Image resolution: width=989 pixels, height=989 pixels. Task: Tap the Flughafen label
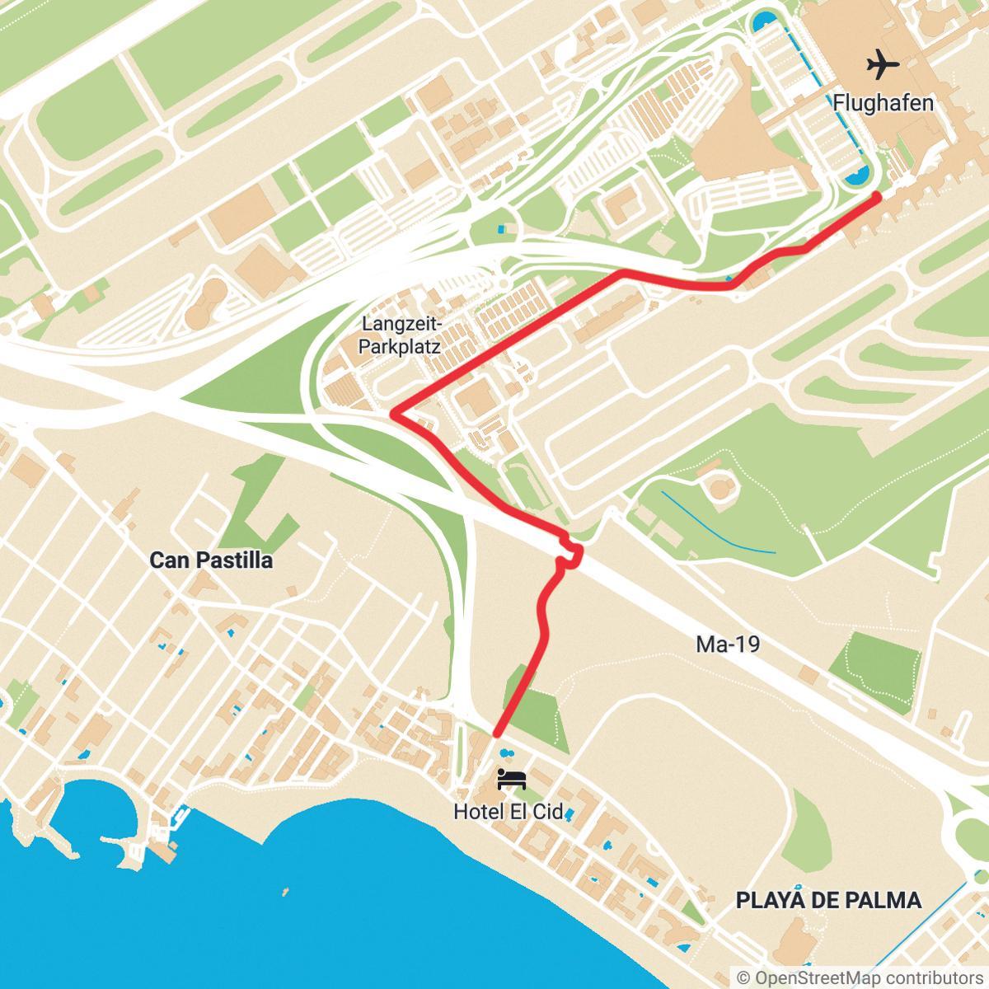coord(883,103)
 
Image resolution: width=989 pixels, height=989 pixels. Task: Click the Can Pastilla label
coord(211,560)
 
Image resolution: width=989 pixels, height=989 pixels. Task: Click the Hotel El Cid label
coord(509,812)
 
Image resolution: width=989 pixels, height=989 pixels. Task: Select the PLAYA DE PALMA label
coord(827,899)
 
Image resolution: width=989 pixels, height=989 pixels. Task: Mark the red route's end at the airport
coord(877,196)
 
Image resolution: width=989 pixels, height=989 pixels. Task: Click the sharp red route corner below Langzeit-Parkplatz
coord(394,412)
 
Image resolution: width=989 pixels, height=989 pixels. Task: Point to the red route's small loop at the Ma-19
coord(570,554)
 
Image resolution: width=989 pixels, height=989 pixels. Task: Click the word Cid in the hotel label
coord(548,812)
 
